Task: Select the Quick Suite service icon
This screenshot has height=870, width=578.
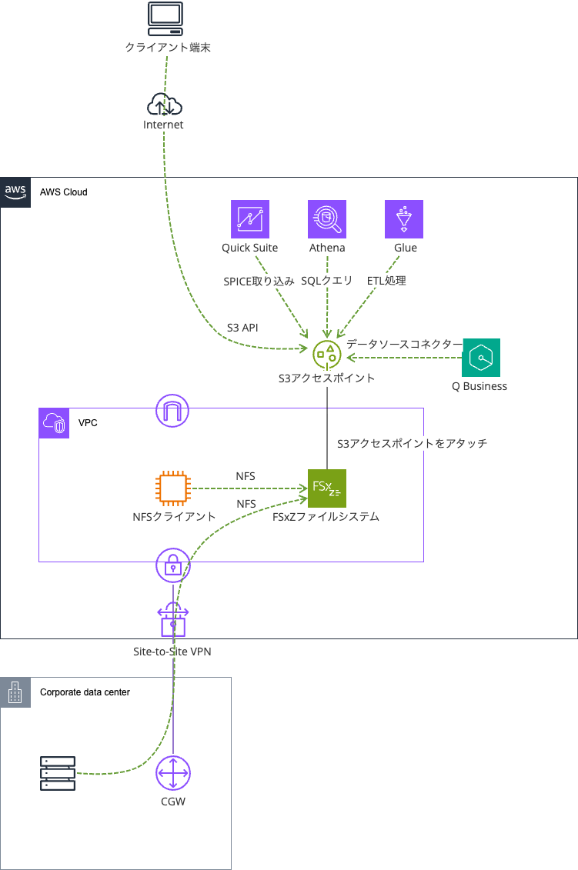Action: click(250, 219)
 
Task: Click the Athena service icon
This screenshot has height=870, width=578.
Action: click(327, 219)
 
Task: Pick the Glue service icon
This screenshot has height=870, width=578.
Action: click(404, 219)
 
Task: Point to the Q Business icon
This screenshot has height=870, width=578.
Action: click(481, 358)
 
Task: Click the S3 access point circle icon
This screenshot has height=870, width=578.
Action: click(327, 353)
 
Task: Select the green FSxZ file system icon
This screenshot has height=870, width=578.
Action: click(327, 488)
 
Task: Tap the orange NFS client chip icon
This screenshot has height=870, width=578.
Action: click(173, 488)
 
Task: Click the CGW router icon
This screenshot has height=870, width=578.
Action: click(173, 773)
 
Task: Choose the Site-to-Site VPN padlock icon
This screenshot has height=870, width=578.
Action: click(172, 620)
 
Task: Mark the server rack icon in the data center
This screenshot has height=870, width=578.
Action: click(58, 773)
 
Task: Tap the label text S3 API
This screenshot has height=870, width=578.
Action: click(242, 328)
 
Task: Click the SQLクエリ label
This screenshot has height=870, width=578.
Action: click(327, 281)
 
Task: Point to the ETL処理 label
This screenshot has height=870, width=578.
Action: click(386, 281)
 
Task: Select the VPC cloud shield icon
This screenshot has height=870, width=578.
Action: click(54, 423)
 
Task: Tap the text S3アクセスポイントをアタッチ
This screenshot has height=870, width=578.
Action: click(412, 444)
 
